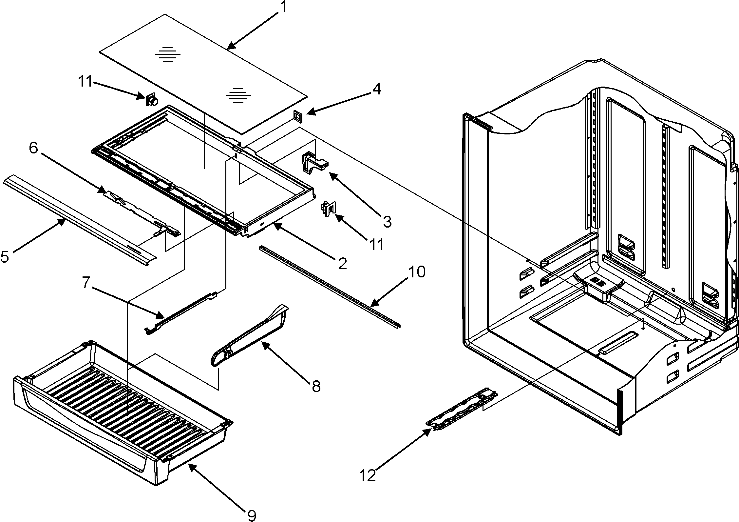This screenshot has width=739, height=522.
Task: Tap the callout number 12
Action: coord(368,475)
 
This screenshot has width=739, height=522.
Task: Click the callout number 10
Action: coord(416,272)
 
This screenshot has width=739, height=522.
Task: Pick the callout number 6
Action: coord(33,148)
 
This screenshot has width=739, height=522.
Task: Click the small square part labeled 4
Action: coord(298,116)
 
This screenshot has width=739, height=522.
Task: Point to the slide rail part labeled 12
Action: coord(462,412)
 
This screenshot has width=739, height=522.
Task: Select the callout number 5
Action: coord(5,257)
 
